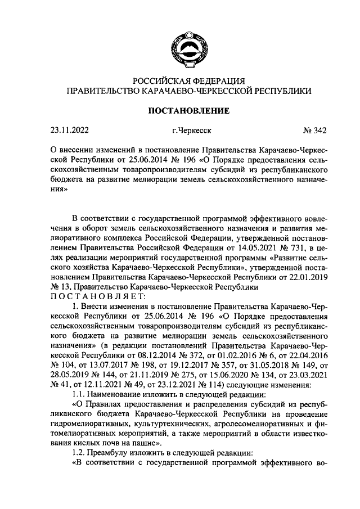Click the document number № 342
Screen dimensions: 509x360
[314, 131]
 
